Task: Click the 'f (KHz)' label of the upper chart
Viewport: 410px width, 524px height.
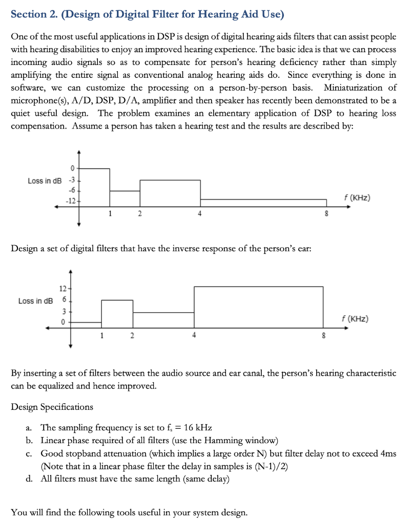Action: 357,198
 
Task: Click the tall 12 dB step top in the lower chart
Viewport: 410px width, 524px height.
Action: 258,287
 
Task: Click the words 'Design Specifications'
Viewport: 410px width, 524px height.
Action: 52,407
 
